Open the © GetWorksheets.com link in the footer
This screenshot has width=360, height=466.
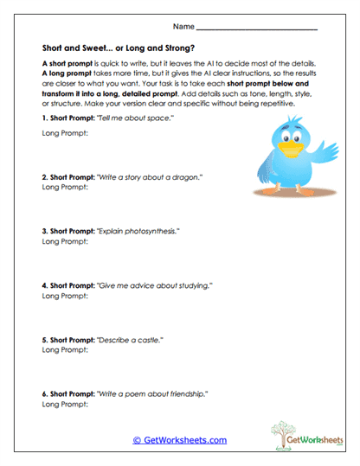[x=180, y=440]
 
